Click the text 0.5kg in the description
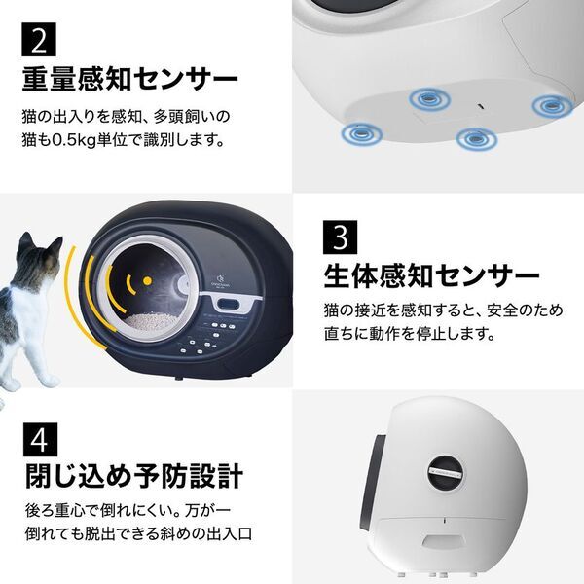pos(108,139)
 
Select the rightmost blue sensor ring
pos(550,103)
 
